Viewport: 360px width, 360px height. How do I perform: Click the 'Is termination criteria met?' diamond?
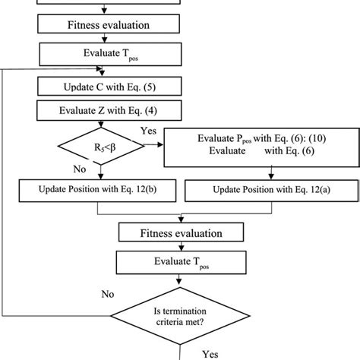pyautogui.click(x=180, y=314)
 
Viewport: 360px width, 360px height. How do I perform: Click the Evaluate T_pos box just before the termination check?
pyautogui.click(x=180, y=263)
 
